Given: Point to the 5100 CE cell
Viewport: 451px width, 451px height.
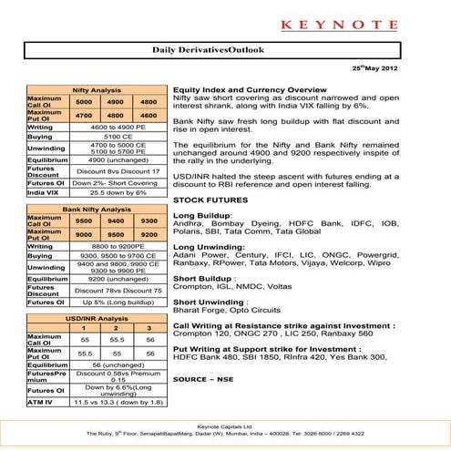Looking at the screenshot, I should point(118,137).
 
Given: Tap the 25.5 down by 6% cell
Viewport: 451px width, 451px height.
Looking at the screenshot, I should point(118,193).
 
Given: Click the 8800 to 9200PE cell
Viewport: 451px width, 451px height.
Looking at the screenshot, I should point(118,247).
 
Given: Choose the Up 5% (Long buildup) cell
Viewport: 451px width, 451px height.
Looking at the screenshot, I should point(118,302).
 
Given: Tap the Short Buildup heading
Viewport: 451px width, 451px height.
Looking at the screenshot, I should point(205,278).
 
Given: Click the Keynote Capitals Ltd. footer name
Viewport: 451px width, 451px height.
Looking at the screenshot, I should point(225,425).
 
